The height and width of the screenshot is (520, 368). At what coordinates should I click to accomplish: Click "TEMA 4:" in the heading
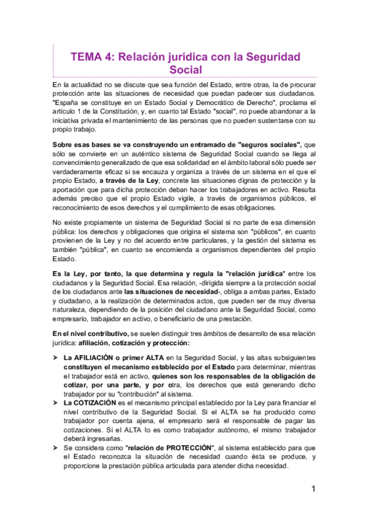coord(92,56)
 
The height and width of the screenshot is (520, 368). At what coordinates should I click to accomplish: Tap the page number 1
coord(313,489)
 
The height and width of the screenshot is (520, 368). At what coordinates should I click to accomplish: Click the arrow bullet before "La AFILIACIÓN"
coord(56,357)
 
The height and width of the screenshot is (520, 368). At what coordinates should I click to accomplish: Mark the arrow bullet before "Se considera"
coord(56,448)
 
